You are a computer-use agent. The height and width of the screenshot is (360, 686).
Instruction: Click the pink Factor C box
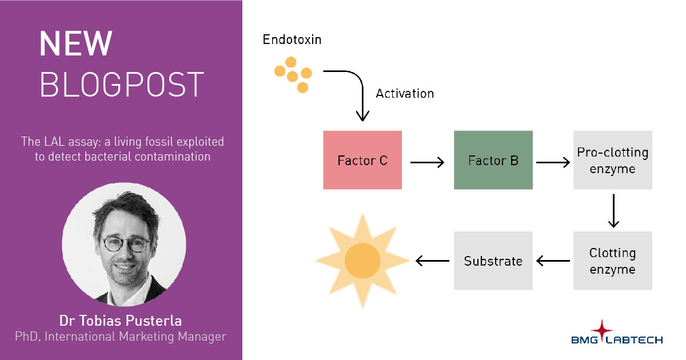pos(362,160)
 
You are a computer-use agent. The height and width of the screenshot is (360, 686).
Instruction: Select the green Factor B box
pos(493,160)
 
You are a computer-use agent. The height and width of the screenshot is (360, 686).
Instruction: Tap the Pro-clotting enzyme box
pos(612,160)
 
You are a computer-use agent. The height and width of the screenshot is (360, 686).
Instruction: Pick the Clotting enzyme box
pos(612,261)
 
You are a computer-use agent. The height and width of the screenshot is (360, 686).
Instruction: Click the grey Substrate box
pos(493,261)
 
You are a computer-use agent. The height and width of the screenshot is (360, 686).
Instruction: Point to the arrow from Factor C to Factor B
pos(427,162)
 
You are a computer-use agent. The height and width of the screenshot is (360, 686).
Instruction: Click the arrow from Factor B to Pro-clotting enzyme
pos(553,162)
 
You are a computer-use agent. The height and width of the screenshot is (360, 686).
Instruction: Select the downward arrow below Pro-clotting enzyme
pos(613,211)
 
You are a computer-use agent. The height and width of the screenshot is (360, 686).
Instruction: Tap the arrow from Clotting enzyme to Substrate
pos(553,261)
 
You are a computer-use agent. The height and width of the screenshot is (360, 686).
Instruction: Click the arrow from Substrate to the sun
pos(432,261)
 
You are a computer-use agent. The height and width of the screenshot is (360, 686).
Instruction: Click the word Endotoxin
pos(292,39)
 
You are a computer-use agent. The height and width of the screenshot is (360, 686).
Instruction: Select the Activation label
pos(404,93)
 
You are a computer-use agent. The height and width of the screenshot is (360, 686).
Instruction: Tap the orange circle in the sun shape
pos(362,261)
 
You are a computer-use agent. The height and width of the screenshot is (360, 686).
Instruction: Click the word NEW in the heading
pos(76,45)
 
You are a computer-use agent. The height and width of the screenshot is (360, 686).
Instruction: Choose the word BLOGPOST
pos(121,85)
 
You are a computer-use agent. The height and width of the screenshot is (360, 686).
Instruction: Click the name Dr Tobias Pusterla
pos(121,319)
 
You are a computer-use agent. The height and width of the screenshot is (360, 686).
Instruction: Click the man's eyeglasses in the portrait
pos(125,244)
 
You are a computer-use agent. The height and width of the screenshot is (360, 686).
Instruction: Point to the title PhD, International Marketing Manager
pos(121,337)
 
